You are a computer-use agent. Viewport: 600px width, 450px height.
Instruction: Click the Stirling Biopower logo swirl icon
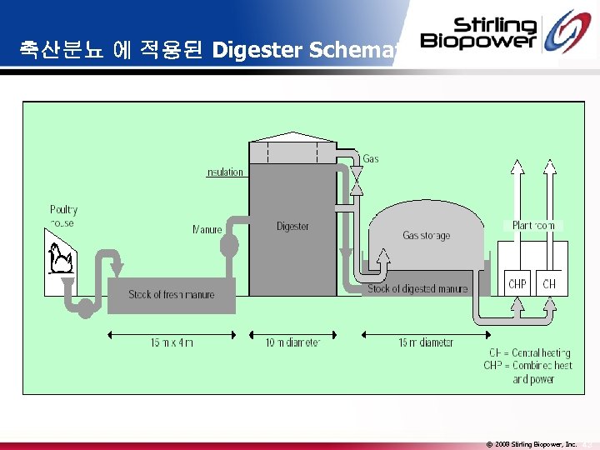pos(570,34)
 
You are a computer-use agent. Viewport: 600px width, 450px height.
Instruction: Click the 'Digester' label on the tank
pos(292,226)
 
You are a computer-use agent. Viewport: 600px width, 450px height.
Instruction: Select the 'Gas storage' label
pos(426,236)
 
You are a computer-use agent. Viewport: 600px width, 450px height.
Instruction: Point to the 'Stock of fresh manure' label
pos(172,294)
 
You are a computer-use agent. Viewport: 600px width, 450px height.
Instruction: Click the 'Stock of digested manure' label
pos(418,289)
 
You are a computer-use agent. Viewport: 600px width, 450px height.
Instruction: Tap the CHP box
pos(517,284)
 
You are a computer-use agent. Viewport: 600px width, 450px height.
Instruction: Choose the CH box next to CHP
pos(549,284)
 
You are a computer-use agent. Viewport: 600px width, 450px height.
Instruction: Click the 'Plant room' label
pos(534,225)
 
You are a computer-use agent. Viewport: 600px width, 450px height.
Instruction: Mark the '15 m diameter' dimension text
pos(426,342)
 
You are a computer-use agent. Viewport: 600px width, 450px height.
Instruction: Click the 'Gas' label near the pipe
pos(371,158)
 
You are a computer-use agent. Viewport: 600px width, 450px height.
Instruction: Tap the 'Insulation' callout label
pos(225,172)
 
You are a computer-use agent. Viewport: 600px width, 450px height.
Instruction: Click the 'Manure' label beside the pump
pos(207,229)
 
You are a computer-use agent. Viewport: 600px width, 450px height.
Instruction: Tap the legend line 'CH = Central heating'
pos(530,353)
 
